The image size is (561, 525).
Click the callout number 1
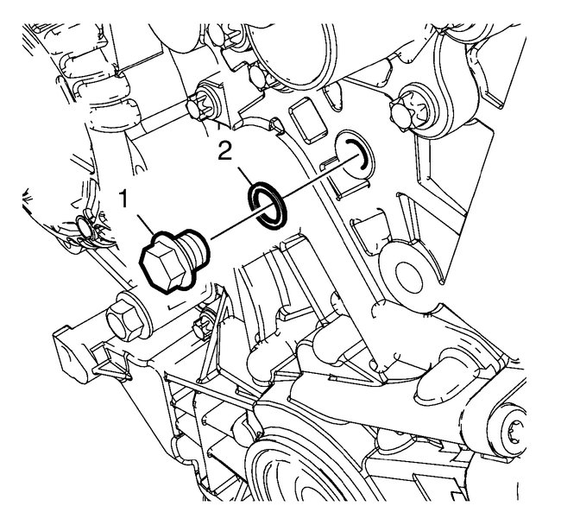click(x=123, y=199)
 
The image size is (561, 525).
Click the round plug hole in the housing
click(x=353, y=155)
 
